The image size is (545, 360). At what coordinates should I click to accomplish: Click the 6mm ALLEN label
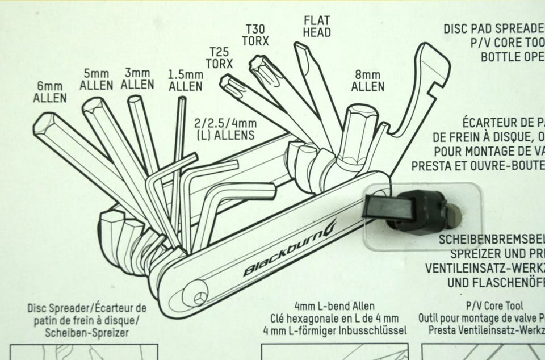click(50, 92)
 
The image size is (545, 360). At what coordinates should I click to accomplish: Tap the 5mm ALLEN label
click(97, 80)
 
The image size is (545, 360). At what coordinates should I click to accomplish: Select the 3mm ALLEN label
click(138, 79)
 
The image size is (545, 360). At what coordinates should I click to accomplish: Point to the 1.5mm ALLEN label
click(186, 81)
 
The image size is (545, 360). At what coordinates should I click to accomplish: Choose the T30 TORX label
click(255, 34)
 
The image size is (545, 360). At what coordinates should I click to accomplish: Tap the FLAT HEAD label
click(317, 27)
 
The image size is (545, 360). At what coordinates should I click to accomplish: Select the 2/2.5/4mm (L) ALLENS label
click(225, 129)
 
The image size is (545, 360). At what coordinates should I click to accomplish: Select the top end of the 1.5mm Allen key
click(182, 100)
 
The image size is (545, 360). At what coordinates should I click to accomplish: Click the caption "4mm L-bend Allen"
click(335, 307)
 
